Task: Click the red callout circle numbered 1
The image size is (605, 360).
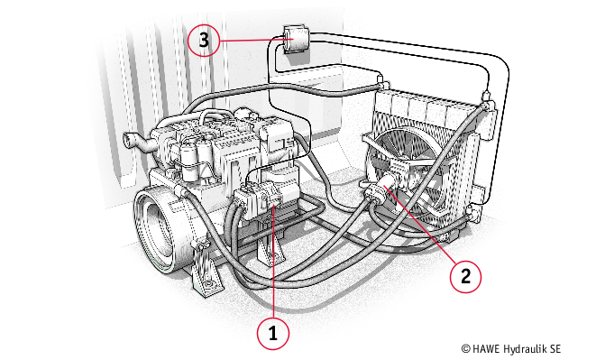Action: pyautogui.click(x=273, y=333)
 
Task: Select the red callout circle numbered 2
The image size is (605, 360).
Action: pyautogui.click(x=466, y=277)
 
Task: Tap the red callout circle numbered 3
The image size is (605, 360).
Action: pyautogui.click(x=204, y=41)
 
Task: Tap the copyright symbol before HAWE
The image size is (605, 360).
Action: pyautogui.click(x=466, y=349)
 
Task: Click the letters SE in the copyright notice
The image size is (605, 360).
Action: pyautogui.click(x=555, y=349)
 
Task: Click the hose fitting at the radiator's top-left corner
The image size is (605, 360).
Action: pyautogui.click(x=382, y=82)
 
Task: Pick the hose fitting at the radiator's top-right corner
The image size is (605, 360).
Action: pyautogui.click(x=487, y=99)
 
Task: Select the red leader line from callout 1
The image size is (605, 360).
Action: pyautogui.click(x=273, y=262)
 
